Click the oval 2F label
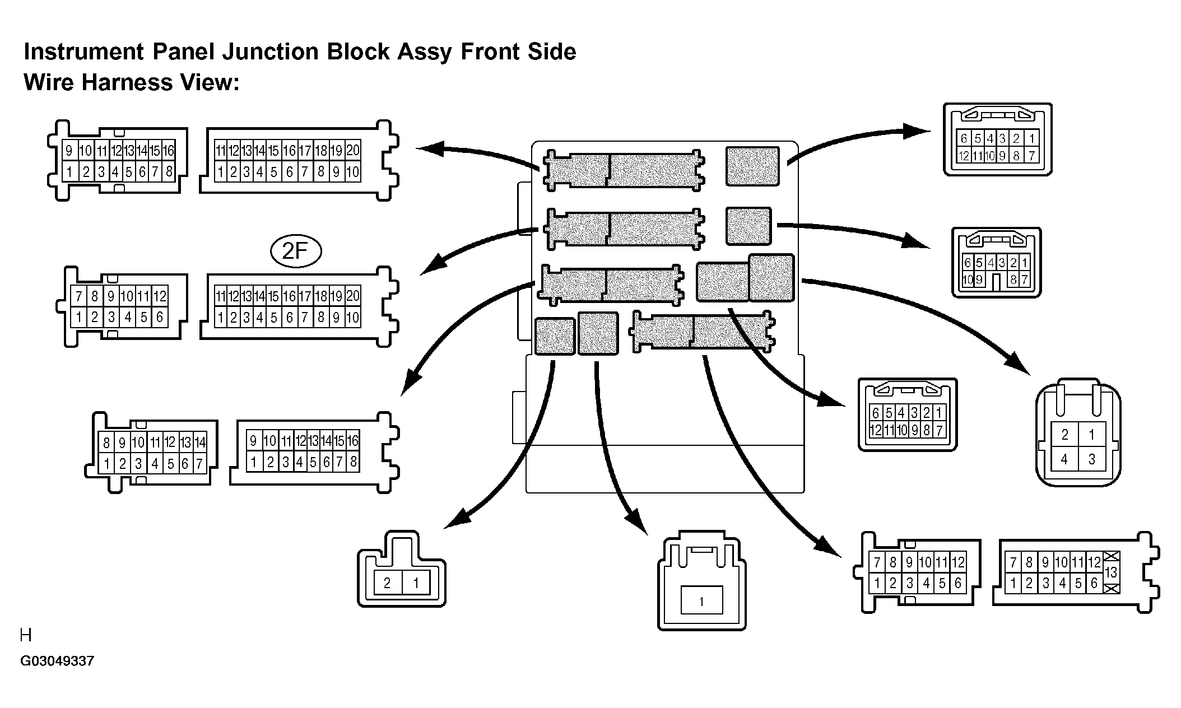pyautogui.click(x=296, y=251)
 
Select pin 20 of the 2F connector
pyautogui.click(x=352, y=296)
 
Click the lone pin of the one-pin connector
pyautogui.click(x=701, y=601)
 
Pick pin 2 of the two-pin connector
pyautogui.click(x=387, y=583)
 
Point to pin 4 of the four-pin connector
pyautogui.click(x=1064, y=460)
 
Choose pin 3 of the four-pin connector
pyautogui.click(x=1091, y=460)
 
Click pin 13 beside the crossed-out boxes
pyautogui.click(x=1111, y=572)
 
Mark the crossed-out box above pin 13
pyautogui.click(x=1112, y=556)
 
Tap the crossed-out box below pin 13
pyautogui.click(x=1112, y=589)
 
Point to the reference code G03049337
pyautogui.click(x=57, y=661)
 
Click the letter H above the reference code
pyautogui.click(x=26, y=635)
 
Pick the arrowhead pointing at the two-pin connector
pyautogui.click(x=457, y=519)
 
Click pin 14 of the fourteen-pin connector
pyautogui.click(x=200, y=442)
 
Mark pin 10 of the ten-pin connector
pyautogui.click(x=968, y=280)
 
